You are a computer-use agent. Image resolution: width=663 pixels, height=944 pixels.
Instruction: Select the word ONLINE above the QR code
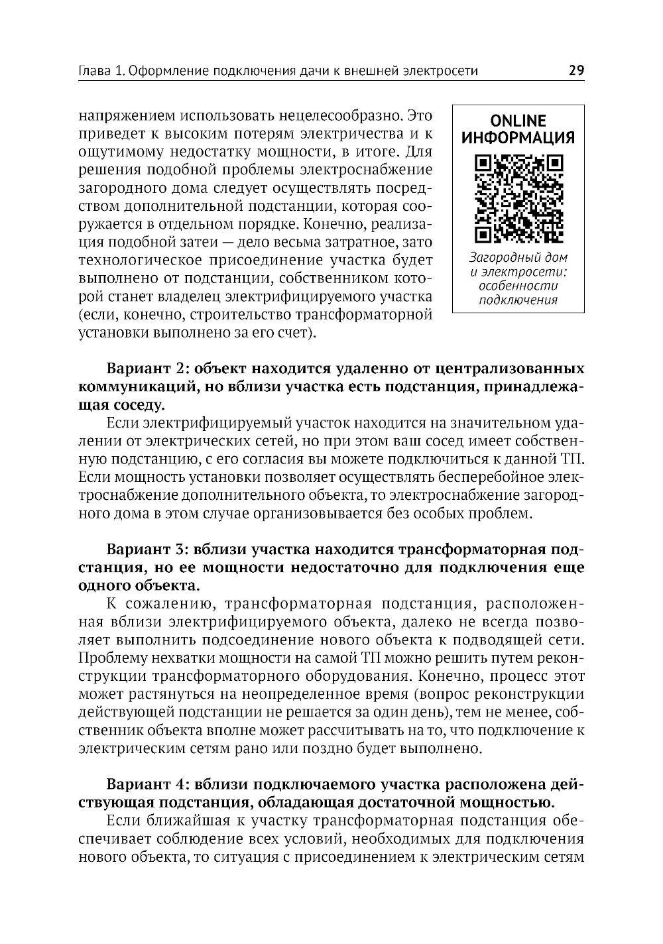pyautogui.click(x=518, y=121)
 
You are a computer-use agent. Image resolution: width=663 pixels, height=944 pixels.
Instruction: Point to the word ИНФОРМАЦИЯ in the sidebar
pyautogui.click(x=518, y=138)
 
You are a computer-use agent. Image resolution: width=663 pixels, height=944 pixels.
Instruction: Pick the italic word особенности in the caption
pyautogui.click(x=518, y=286)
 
